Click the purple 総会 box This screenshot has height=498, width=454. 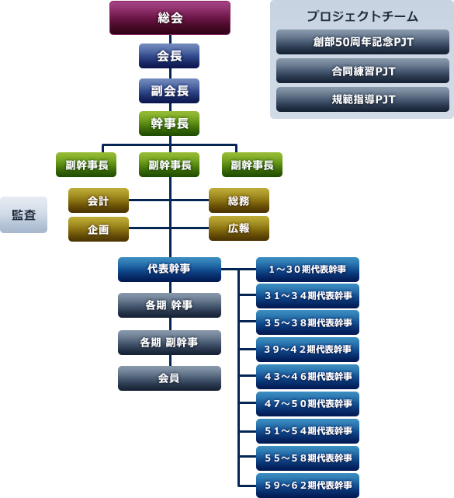point(170,18)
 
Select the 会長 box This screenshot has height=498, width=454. point(169,56)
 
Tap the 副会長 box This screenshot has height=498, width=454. point(169,90)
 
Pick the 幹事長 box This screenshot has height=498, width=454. point(169,124)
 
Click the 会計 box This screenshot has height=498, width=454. point(98,201)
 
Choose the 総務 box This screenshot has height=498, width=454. point(238,201)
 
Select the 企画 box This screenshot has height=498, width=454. point(98,229)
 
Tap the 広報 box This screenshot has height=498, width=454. point(238,228)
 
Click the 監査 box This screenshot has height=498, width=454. point(23,215)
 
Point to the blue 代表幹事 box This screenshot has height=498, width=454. point(169,269)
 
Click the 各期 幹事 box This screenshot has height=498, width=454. point(169,305)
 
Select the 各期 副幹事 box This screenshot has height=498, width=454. point(169,342)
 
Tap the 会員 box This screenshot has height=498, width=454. point(169,378)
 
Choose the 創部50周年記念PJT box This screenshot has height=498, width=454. point(362,42)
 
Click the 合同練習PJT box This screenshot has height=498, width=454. point(362,71)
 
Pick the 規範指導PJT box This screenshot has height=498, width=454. point(362,99)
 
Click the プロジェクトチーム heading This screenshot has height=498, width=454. point(362,16)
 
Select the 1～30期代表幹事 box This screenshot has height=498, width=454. point(308,270)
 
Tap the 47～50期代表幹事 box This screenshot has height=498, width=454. point(308,404)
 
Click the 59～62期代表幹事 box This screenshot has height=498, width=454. point(308,486)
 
